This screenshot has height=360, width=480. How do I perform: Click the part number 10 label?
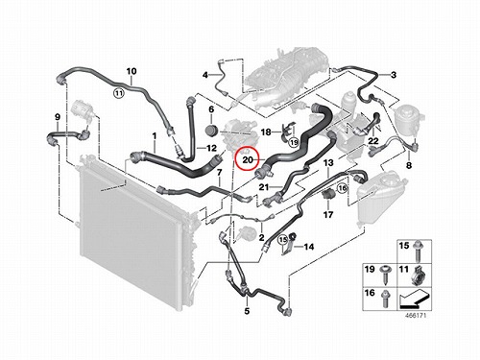[132, 71]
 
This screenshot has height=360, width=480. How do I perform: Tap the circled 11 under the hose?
[119, 93]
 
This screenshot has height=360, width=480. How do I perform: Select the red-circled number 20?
[248, 159]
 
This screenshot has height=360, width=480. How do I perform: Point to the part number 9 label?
[58, 117]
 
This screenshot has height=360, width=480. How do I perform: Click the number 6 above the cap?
[211, 109]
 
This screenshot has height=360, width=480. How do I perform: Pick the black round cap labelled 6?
[211, 131]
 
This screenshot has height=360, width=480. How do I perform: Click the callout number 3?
[394, 75]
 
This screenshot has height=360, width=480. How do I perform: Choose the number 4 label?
[205, 75]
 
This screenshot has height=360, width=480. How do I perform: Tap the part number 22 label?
[373, 141]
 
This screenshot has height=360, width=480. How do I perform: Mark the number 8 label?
[409, 165]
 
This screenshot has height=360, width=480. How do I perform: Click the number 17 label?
[328, 214]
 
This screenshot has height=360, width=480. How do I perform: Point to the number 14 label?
[309, 247]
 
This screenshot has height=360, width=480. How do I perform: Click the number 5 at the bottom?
[247, 311]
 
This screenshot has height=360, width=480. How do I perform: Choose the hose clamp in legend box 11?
[417, 276]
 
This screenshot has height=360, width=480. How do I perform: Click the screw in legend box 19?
[384, 275]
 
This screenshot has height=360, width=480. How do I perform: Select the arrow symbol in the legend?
[414, 299]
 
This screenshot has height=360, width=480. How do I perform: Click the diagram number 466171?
[416, 316]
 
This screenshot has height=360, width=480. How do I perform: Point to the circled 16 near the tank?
[343, 188]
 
